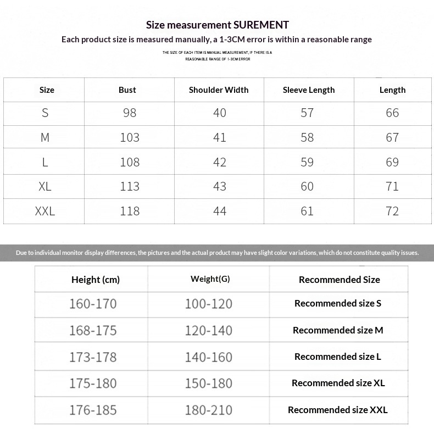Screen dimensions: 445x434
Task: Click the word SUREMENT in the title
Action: pos(261,25)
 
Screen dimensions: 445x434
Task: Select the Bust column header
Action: pos(127,90)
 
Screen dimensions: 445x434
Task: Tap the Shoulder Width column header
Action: pos(219,90)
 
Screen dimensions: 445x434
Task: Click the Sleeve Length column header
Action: pos(309,90)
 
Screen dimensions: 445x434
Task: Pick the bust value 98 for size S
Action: pos(130,113)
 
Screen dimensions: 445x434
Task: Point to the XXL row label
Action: pos(45,211)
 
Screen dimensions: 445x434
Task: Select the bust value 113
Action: pos(130,186)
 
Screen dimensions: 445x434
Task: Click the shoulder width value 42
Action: pos(220,162)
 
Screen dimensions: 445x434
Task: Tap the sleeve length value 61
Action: pos(307,211)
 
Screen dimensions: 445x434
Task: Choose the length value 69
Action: pos(392,162)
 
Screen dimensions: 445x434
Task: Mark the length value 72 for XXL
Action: pos(392,211)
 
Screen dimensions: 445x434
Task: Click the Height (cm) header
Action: pos(96,280)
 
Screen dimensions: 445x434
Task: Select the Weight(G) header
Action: pos(210,279)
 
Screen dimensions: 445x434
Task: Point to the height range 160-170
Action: pos(93,304)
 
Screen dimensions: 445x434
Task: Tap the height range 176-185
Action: pos(93,410)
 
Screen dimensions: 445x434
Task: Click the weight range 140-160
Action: pos(209,357)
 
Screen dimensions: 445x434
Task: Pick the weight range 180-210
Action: pos(209,410)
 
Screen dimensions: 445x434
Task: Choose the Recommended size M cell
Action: pos(338,330)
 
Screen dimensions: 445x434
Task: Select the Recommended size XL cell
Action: pos(338,383)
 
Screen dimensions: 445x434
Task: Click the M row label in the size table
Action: pos(45,137)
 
